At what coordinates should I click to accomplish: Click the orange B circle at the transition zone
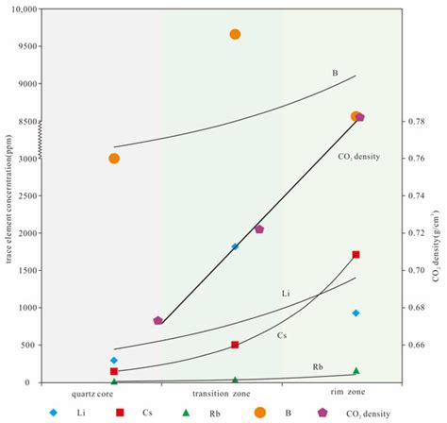coord(235,34)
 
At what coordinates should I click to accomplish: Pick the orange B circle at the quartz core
coord(114,159)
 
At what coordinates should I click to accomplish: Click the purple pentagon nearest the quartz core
coord(157,321)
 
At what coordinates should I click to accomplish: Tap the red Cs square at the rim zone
coord(356,254)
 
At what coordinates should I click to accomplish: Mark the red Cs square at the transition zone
coord(235,345)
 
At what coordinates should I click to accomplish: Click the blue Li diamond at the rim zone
coord(356,313)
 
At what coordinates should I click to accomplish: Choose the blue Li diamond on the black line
coord(235,246)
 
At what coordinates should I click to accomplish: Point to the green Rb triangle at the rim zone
coord(356,371)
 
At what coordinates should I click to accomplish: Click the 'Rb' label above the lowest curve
coord(318,365)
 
